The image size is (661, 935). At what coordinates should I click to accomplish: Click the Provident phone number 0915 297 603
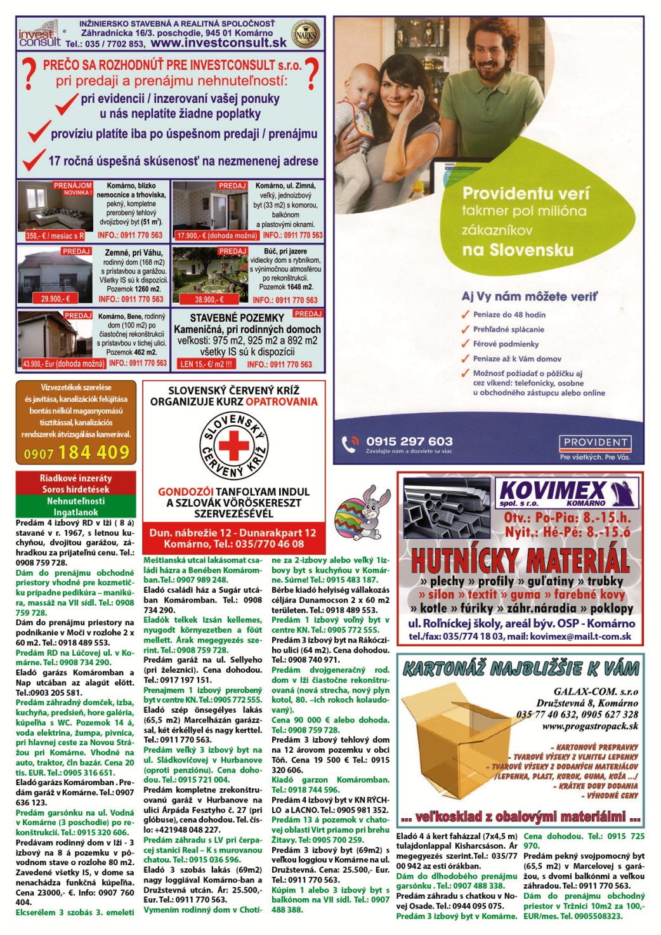pos(409,441)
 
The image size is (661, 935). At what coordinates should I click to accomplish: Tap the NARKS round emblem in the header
pos(306,33)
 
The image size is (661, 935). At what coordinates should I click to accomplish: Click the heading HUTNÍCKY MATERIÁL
pos(520,561)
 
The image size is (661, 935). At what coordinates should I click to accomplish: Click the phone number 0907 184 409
pos(76,453)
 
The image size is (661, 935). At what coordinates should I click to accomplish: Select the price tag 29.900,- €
pos(56,298)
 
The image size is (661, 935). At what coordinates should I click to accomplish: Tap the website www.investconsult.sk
pos(218,43)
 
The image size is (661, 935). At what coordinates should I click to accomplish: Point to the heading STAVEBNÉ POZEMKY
pos(237,317)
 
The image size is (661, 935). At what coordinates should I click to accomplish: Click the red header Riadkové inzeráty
pos(75,478)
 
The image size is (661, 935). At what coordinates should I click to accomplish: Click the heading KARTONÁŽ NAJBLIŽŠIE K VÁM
pos(521,668)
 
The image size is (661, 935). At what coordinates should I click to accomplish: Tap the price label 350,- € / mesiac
pos(55,235)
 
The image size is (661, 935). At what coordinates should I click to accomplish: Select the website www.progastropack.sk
pos(590,726)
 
